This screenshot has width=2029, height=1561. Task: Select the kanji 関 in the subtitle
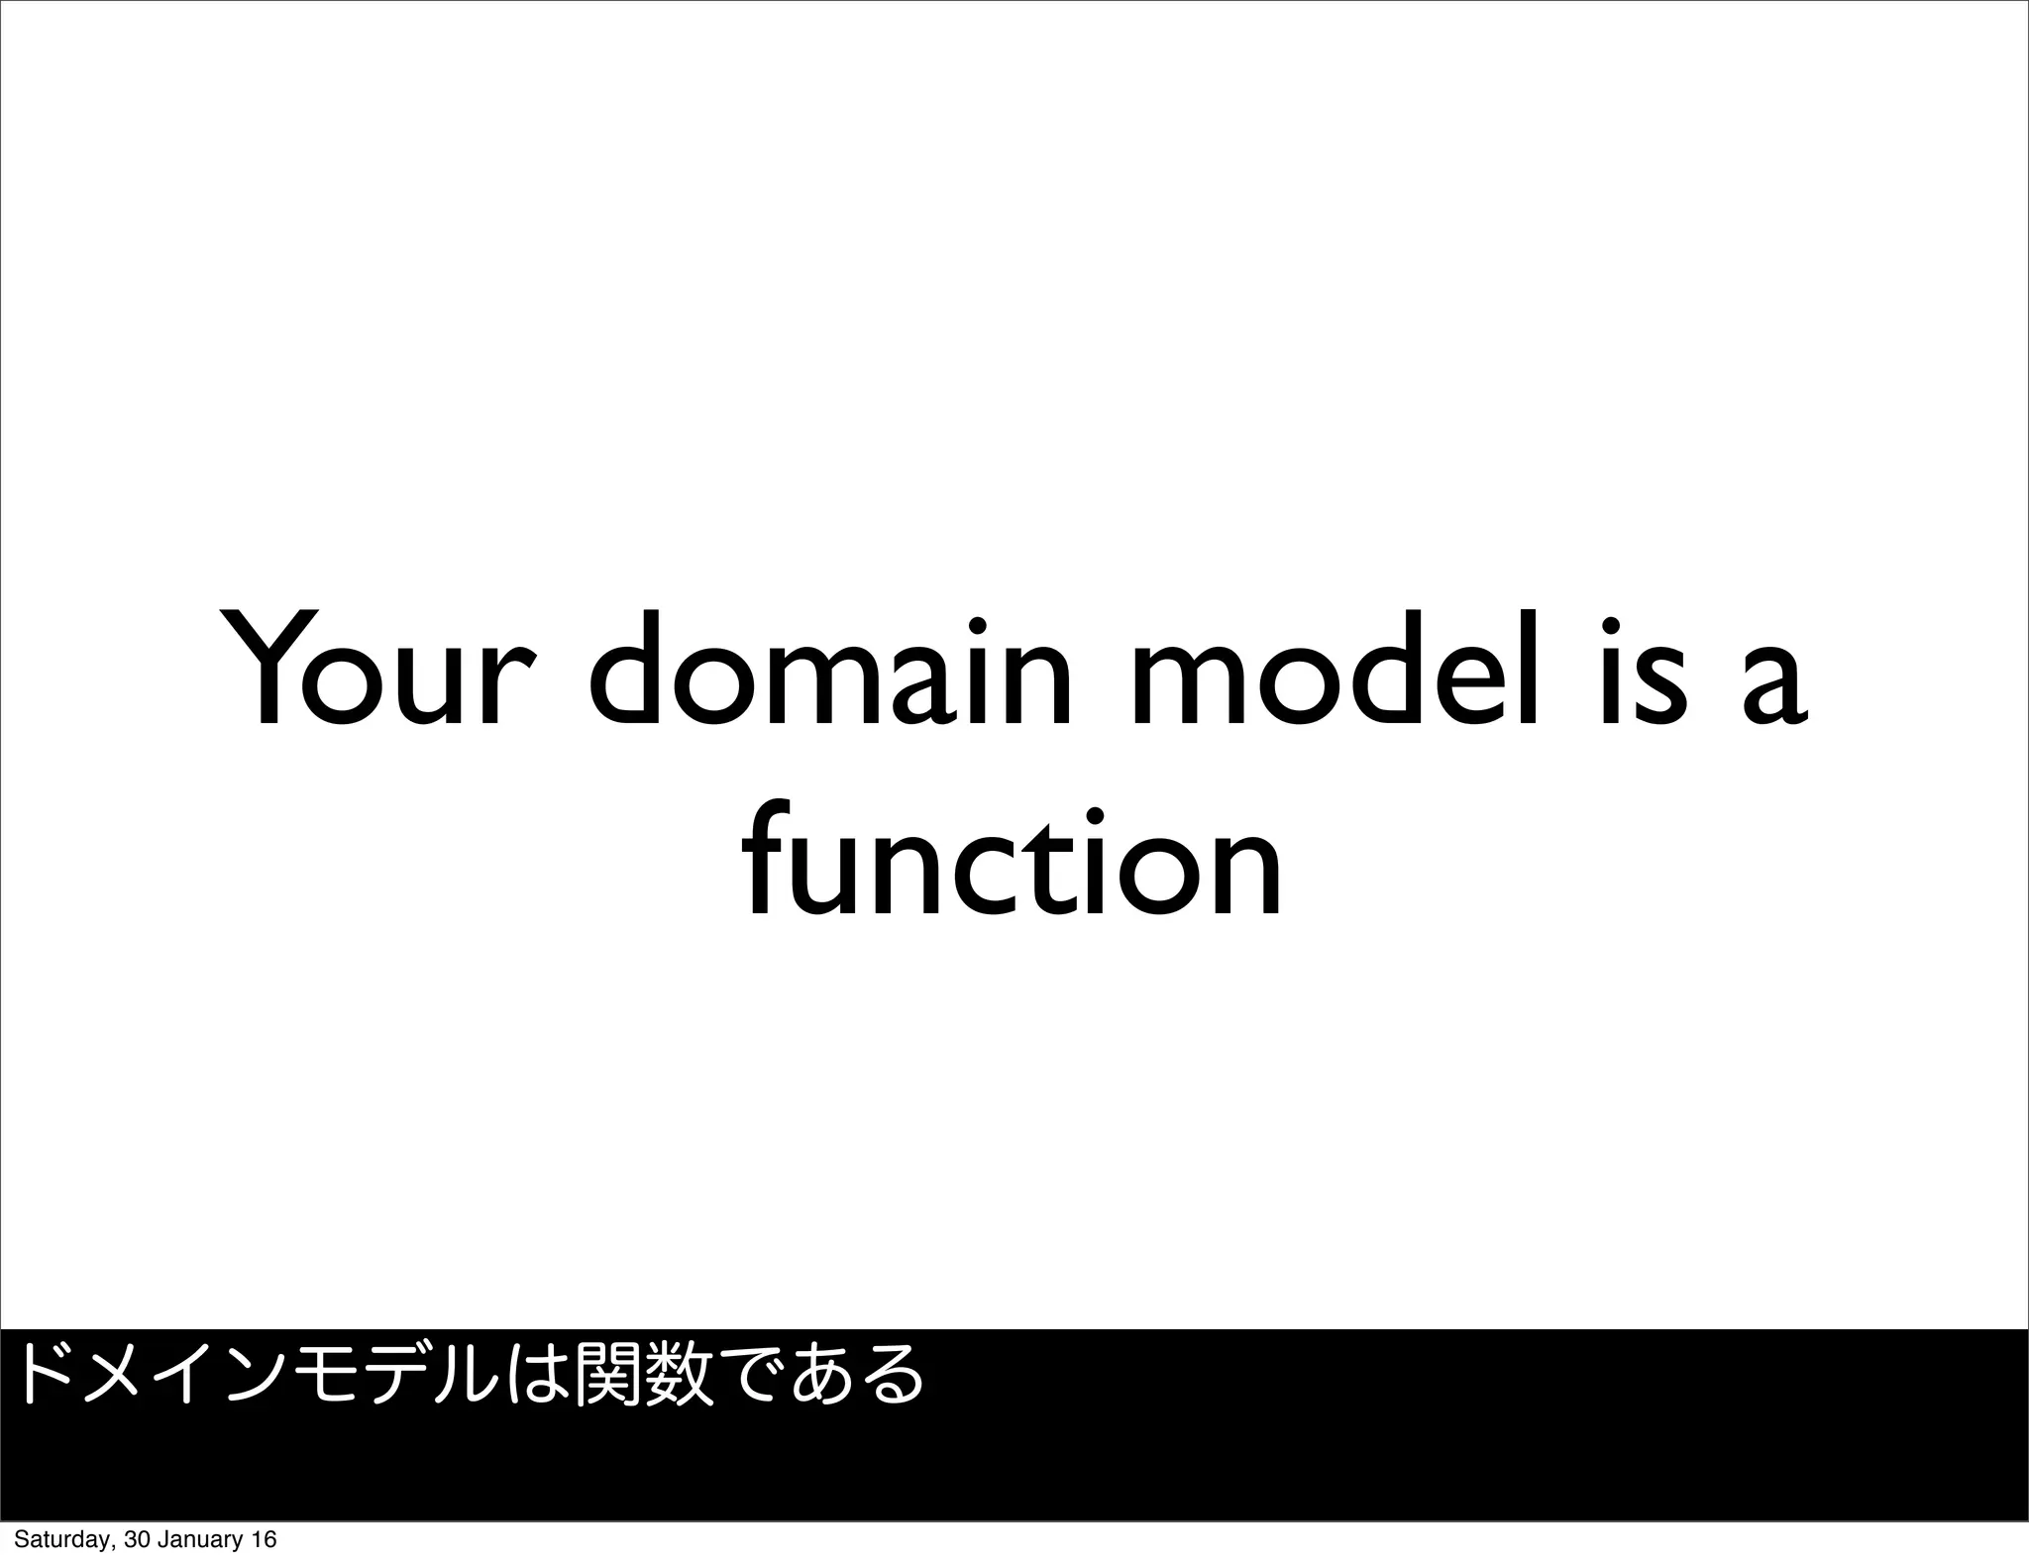[610, 1373]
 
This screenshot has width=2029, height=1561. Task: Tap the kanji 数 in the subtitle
[679, 1373]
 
